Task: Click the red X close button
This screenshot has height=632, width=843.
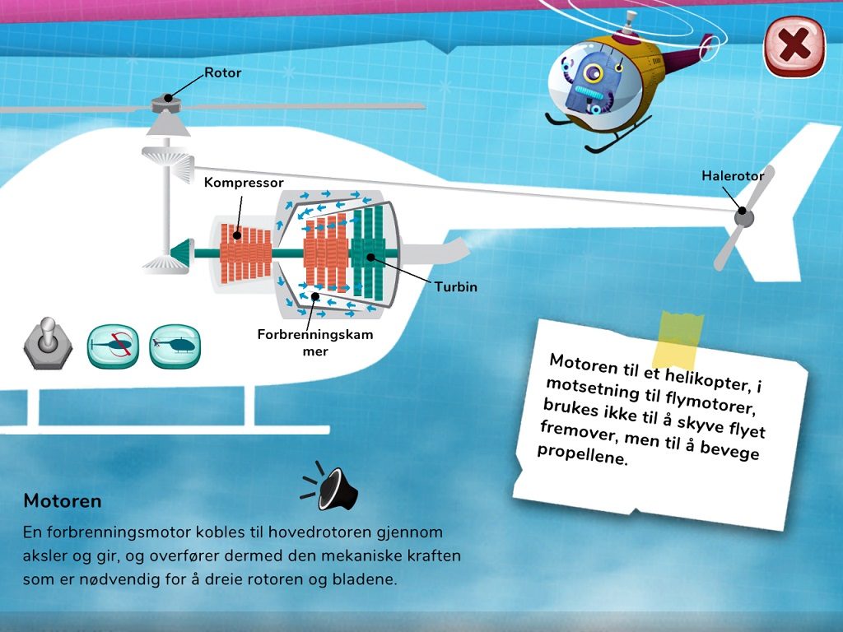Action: pyautogui.click(x=794, y=46)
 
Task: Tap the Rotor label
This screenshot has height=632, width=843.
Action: pyautogui.click(x=222, y=72)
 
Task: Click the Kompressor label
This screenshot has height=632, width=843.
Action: pyautogui.click(x=244, y=183)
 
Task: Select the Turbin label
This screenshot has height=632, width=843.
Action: pyautogui.click(x=456, y=286)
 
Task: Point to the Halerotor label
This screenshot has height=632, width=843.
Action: pyautogui.click(x=733, y=176)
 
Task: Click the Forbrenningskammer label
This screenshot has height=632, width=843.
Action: pyautogui.click(x=315, y=342)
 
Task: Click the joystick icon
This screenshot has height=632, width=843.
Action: pyautogui.click(x=48, y=343)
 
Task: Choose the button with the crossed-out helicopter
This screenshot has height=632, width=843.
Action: pyautogui.click(x=113, y=346)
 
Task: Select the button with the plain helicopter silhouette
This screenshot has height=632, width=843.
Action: pyautogui.click(x=175, y=346)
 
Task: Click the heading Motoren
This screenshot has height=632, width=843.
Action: pyautogui.click(x=63, y=501)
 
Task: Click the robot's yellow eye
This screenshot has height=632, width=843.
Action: pyautogui.click(x=593, y=72)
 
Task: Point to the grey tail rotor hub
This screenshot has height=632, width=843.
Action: pyautogui.click(x=743, y=217)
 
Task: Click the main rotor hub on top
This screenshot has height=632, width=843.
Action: pyautogui.click(x=167, y=103)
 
